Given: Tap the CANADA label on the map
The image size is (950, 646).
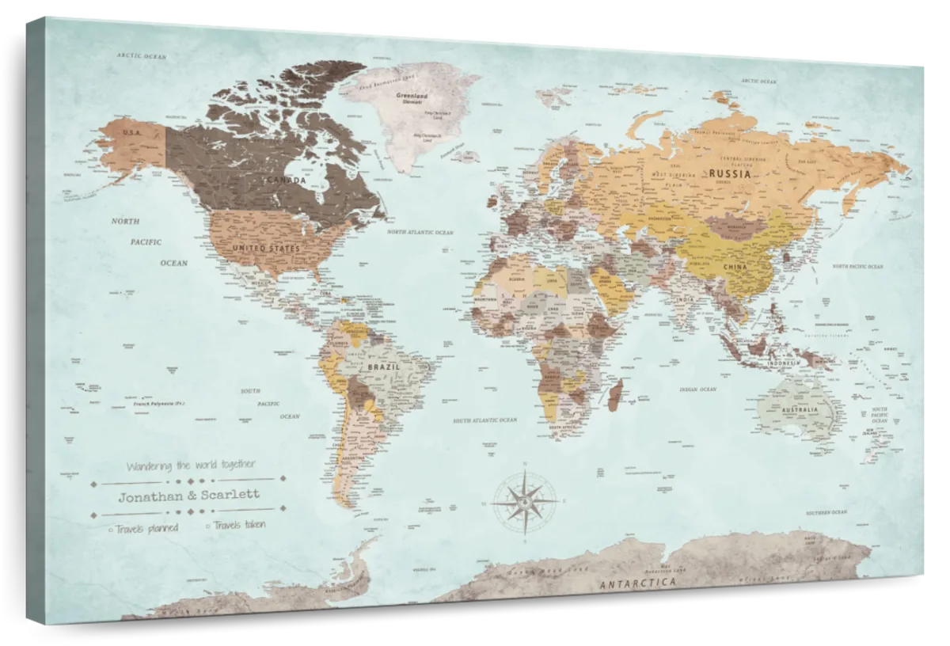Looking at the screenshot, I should (284, 180).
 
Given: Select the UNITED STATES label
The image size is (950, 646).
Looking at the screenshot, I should (266, 249).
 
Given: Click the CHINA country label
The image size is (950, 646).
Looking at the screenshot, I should (735, 268).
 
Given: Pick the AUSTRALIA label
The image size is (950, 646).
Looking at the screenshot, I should (800, 412).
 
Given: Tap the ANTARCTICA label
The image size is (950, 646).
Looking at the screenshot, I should (638, 583).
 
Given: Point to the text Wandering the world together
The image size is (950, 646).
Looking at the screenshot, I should (191, 465).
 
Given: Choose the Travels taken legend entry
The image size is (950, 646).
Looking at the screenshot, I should (238, 524).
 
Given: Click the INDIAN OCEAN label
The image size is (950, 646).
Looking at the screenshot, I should (697, 389).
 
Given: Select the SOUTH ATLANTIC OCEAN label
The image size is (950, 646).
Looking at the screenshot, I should (484, 420).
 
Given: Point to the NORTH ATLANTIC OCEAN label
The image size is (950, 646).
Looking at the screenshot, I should (420, 233).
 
